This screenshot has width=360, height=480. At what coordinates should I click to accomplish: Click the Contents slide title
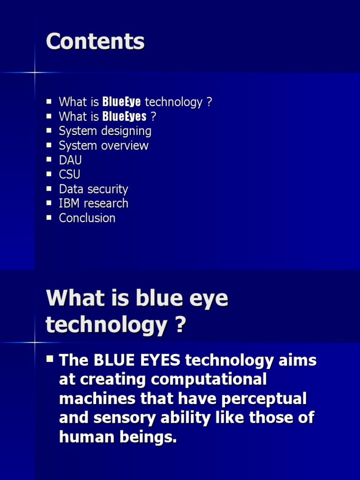click(x=95, y=42)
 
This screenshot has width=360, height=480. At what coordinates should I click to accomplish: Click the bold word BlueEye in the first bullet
click(x=121, y=102)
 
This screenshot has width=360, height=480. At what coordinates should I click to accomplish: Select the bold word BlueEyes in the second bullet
click(x=124, y=117)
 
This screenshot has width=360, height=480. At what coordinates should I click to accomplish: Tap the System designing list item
click(x=105, y=131)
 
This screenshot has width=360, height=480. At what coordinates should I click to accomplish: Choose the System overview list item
click(x=104, y=146)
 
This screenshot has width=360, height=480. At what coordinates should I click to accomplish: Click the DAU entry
click(x=70, y=160)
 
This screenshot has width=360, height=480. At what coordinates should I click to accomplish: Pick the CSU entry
click(x=69, y=175)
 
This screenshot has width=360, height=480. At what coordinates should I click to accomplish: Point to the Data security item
click(x=93, y=189)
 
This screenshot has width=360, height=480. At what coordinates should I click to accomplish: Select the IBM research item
click(x=93, y=203)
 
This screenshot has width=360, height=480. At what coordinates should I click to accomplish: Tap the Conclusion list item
click(x=87, y=218)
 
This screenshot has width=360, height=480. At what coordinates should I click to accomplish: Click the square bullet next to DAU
click(x=49, y=159)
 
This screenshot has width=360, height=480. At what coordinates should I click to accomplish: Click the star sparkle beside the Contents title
click(x=35, y=73)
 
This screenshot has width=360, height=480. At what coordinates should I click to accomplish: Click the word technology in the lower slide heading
click(x=105, y=325)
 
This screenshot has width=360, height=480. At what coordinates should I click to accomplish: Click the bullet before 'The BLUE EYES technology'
click(x=50, y=360)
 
